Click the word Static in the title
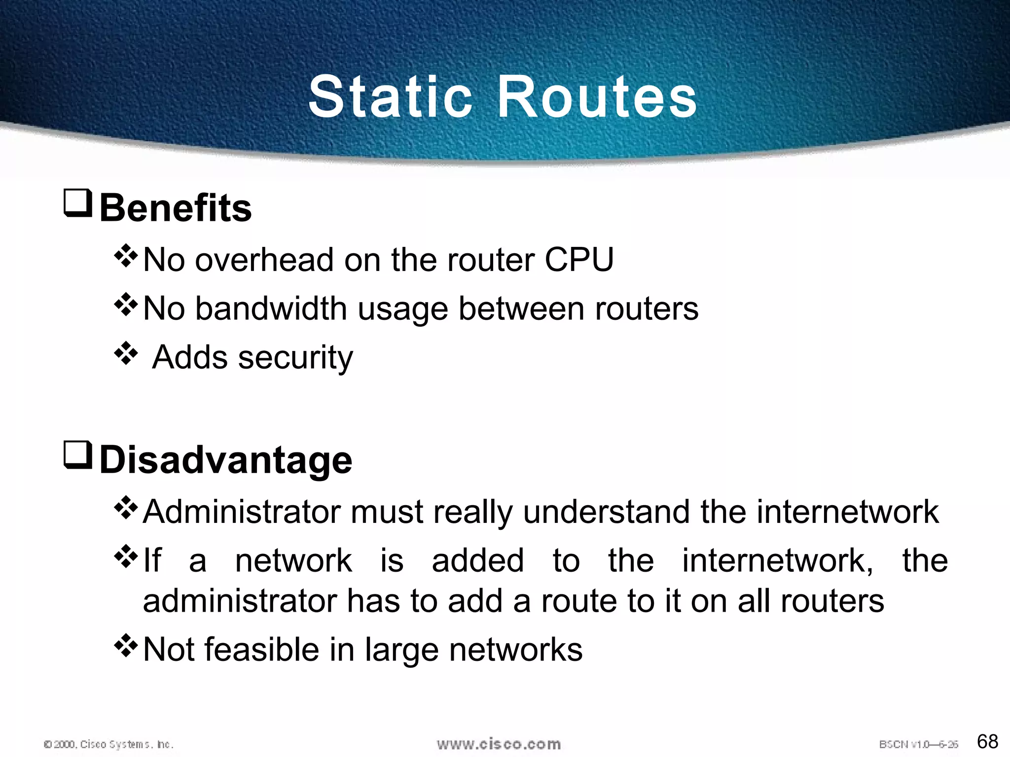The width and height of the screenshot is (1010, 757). [x=390, y=97]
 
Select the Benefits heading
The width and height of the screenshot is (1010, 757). [x=176, y=208]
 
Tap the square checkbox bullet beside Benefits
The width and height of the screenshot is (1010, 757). [x=78, y=203]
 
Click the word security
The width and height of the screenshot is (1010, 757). [x=295, y=358]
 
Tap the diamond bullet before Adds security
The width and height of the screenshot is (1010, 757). [x=126, y=353]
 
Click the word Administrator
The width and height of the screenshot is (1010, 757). [x=242, y=512]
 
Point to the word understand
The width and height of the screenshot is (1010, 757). [x=607, y=512]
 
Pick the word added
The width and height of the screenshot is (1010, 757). [x=477, y=561]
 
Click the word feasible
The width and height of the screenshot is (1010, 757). [x=261, y=650]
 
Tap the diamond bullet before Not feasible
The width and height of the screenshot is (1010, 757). [x=126, y=646]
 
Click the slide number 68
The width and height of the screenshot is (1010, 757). [x=987, y=741]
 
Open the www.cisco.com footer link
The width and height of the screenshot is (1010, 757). [x=499, y=744]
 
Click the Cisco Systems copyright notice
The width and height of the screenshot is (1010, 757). [x=108, y=744]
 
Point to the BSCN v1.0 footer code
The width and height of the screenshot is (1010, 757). [x=918, y=744]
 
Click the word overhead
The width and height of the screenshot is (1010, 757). [x=264, y=260]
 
